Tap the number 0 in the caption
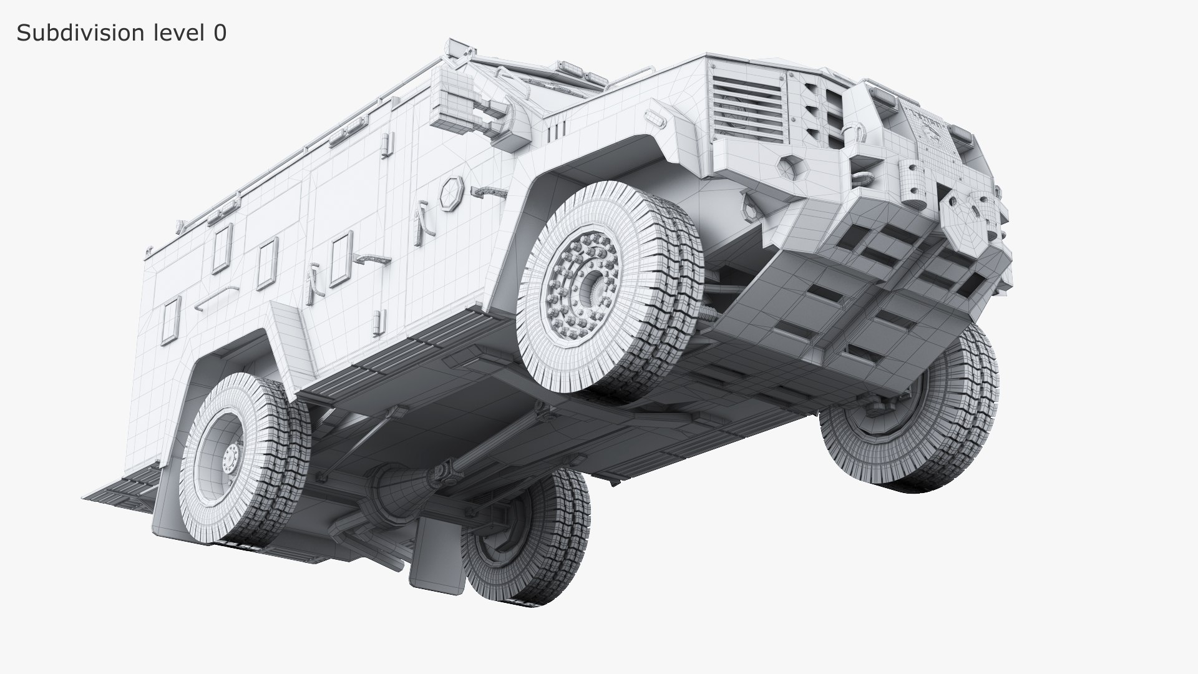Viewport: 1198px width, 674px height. (x=220, y=33)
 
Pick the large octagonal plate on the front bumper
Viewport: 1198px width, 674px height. (x=964, y=222)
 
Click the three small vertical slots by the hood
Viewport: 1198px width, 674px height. (x=558, y=130)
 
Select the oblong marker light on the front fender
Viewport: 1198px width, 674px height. (x=655, y=115)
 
